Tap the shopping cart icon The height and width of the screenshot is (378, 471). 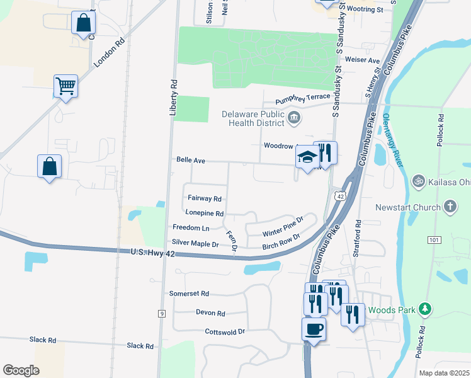(x=65, y=86)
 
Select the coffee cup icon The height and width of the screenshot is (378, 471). (x=314, y=328)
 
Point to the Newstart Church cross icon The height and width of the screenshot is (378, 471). (x=450, y=206)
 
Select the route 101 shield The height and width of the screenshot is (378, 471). (x=433, y=239)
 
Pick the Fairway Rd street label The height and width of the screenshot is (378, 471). (x=205, y=198)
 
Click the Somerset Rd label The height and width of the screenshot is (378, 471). (x=189, y=294)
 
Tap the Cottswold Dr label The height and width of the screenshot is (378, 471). (x=225, y=331)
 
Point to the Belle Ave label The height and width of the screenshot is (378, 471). (x=191, y=161)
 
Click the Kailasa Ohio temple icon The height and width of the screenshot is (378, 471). (x=417, y=181)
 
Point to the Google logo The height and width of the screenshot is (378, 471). (x=21, y=370)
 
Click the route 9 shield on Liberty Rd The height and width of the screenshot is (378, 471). (x=162, y=313)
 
